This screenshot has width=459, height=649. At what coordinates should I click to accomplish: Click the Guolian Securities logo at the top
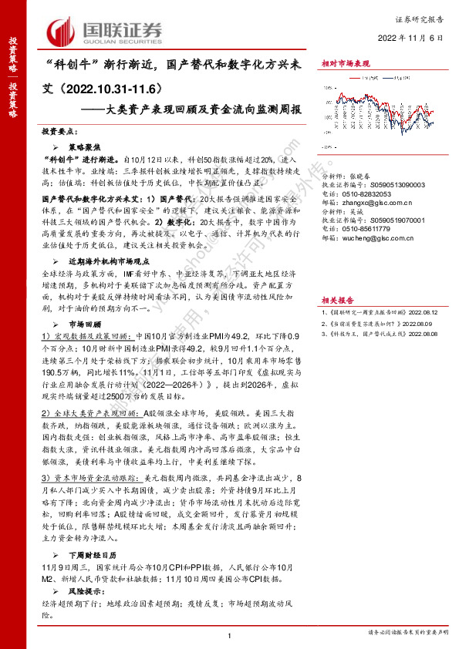coord(105,31)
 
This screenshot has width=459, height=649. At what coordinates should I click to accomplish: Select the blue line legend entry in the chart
coord(400,76)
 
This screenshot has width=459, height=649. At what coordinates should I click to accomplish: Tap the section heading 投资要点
coord(60,132)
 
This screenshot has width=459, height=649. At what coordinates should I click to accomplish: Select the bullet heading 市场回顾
coord(86,324)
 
